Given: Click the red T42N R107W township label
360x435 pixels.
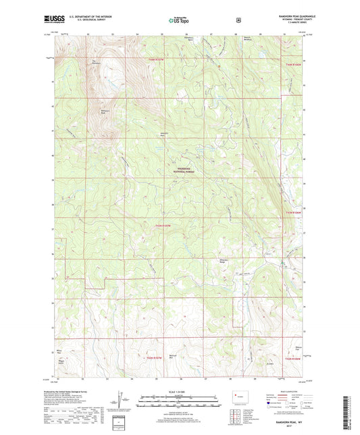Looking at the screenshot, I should coord(155,356).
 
